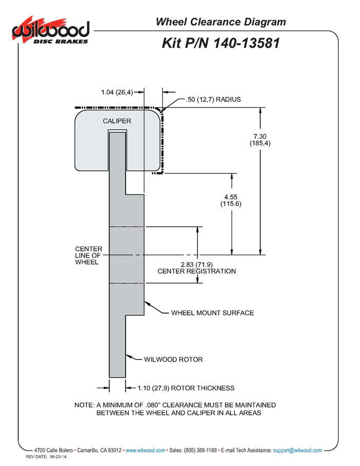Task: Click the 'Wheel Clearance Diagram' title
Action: [221, 22]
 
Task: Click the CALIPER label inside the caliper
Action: [117, 121]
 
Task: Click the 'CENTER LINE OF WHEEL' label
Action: [88, 255]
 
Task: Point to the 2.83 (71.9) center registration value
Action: [197, 264]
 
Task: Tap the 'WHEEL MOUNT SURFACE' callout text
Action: [212, 313]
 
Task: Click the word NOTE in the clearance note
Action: [83, 405]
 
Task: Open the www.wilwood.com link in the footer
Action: [146, 450]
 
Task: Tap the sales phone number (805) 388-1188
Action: [200, 450]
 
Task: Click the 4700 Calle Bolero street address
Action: [52, 450]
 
